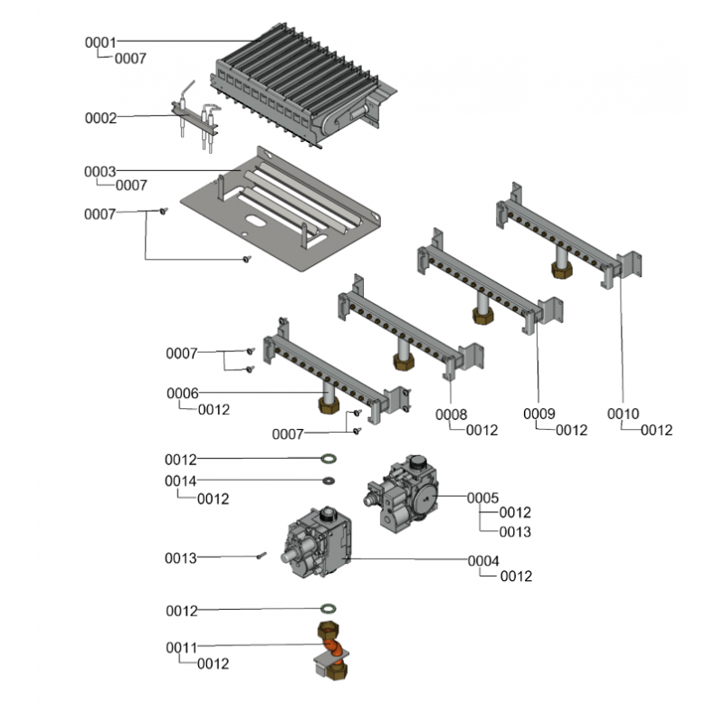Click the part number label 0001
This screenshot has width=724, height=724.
pos(100,42)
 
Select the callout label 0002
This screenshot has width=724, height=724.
pos(100,118)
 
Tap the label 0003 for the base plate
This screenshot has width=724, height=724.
pos(100,171)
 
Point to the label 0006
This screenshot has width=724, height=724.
pos(182,394)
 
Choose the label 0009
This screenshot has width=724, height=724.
pos(538,414)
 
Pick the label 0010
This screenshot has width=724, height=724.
pos(623,414)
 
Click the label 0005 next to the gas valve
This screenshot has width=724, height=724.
pos(482,497)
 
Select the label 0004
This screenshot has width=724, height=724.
pos(483,561)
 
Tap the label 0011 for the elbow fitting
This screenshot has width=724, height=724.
pos(181,648)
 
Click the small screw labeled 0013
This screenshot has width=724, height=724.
pos(260,557)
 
